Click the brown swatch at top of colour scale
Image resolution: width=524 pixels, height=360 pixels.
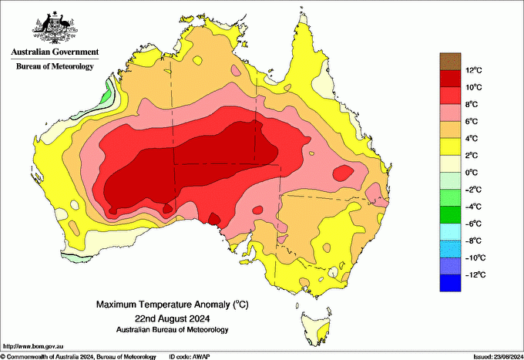[x=449, y=61]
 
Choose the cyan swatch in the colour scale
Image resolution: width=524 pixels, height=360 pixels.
[x=449, y=232]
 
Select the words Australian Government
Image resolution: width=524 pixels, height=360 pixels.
[x=54, y=52]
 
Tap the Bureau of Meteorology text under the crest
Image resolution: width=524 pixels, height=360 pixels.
[x=55, y=67]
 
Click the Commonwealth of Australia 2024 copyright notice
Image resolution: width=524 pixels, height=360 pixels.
[x=77, y=356]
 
